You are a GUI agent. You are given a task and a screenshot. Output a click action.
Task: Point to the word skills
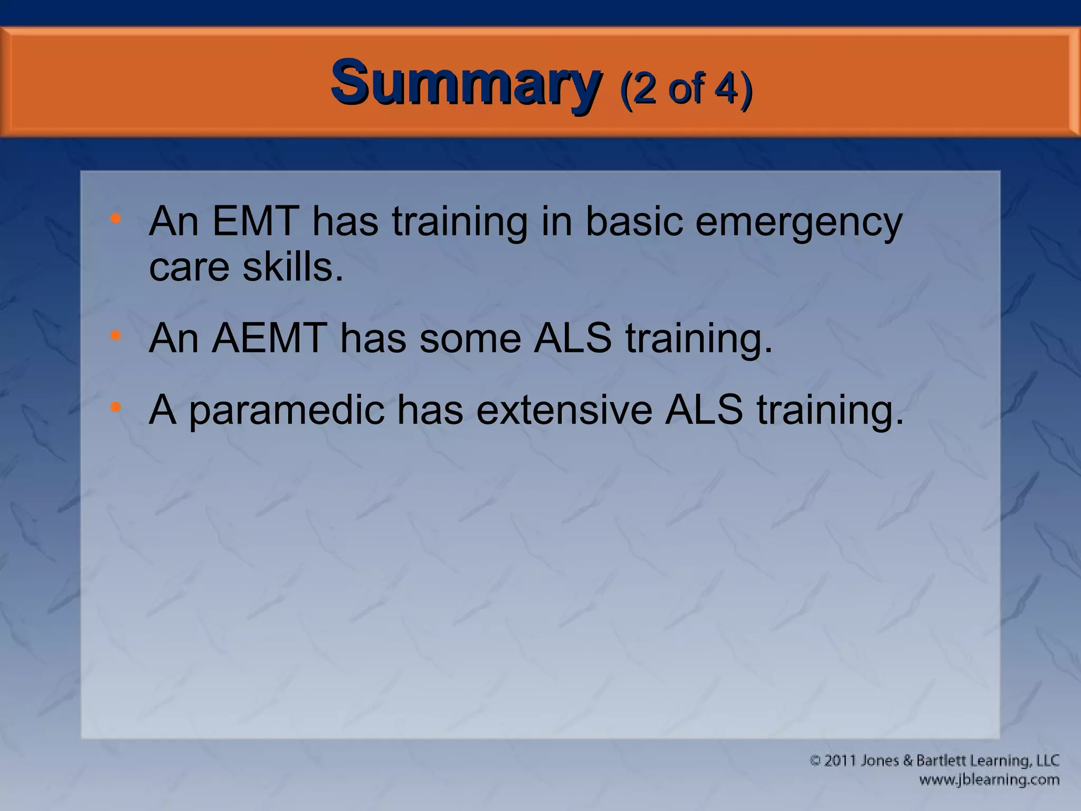[x=292, y=267]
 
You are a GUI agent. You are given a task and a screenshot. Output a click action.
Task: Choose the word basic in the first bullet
[x=633, y=222]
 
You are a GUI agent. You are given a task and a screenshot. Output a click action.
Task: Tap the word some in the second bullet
[x=470, y=339]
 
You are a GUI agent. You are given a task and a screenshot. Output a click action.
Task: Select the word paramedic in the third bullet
[x=287, y=412]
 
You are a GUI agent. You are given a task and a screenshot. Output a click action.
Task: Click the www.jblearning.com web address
[x=989, y=780]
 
